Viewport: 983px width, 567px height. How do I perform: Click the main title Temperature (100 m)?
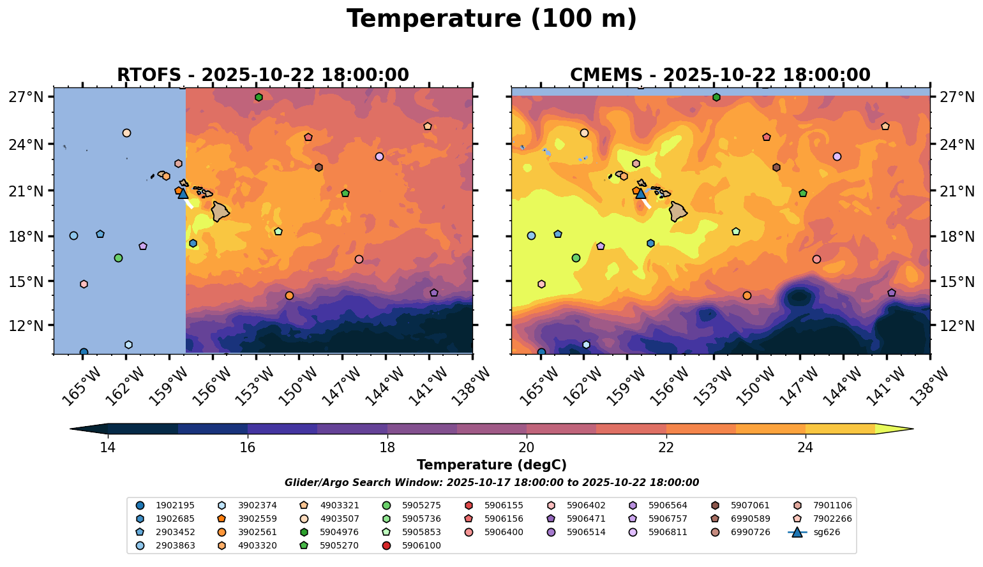pos(491,19)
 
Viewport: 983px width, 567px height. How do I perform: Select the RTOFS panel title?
pos(262,75)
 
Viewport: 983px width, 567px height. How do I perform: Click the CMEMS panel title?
pos(720,75)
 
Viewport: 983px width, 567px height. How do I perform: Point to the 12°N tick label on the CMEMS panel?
pos(957,325)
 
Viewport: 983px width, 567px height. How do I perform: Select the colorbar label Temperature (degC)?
pos(491,465)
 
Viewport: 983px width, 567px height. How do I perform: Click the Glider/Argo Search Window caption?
pos(491,483)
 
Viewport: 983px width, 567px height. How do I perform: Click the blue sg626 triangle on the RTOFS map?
pos(183,193)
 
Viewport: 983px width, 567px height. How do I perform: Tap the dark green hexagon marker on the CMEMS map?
pos(716,97)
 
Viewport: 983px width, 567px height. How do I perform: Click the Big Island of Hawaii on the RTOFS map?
pos(220,211)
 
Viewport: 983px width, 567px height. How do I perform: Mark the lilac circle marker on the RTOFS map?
pos(380,156)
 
